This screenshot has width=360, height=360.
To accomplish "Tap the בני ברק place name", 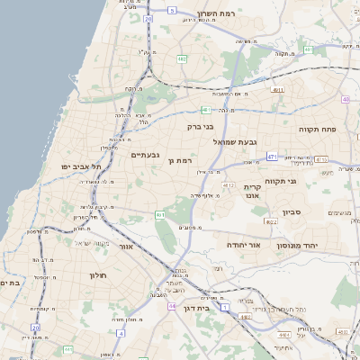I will click(188, 127).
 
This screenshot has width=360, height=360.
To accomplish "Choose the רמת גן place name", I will click(181, 160).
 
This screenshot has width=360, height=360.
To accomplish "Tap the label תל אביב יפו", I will click(81, 166).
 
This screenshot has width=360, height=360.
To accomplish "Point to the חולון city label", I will click(98, 275).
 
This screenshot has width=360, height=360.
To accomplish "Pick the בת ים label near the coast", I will click(9, 283).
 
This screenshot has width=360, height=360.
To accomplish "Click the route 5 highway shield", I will click(171, 11).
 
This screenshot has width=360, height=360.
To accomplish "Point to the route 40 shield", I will click(346, 98).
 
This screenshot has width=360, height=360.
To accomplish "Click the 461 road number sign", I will click(159, 215).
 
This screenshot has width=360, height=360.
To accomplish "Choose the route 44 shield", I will click(171, 306).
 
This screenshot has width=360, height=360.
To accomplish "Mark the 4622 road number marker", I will click(271, 220).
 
